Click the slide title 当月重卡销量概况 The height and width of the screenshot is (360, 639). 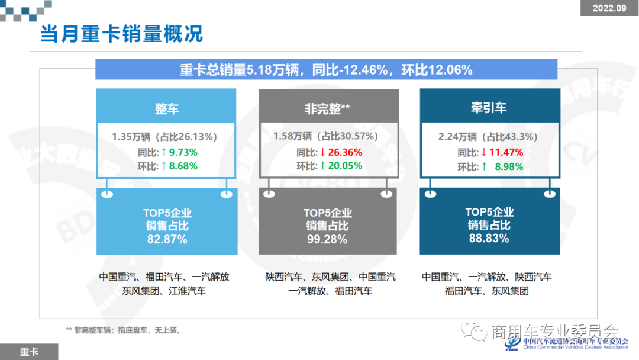click(x=121, y=34)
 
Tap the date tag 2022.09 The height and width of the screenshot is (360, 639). click(x=609, y=8)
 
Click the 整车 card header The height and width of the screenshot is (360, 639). click(x=166, y=109)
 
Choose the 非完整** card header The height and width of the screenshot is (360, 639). click(x=327, y=108)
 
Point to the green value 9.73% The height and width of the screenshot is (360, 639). click(x=183, y=152)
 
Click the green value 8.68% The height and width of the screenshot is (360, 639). click(x=183, y=166)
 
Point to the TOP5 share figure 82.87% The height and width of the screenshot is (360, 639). click(x=167, y=240)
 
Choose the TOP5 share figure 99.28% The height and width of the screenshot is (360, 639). click(x=327, y=240)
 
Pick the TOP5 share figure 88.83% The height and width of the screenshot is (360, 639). click(x=489, y=239)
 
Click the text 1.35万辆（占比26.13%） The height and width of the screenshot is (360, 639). click(x=166, y=137)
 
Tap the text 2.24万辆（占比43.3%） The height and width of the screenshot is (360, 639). click(x=488, y=137)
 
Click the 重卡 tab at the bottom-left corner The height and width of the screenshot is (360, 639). click(x=29, y=352)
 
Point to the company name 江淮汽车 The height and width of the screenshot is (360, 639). click(x=188, y=291)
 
